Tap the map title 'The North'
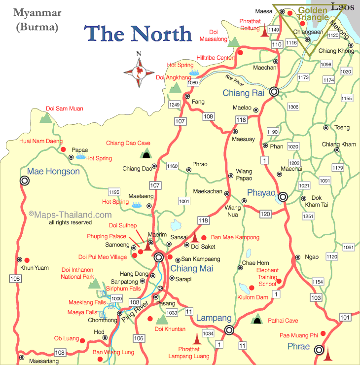pyautogui.click(x=139, y=34)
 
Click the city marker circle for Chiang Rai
pyautogui.click(x=274, y=91)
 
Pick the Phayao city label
pyautogui.click(x=261, y=192)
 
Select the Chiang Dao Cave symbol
pyautogui.click(x=146, y=154)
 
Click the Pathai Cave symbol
pyautogui.click(x=256, y=321)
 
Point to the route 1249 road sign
pyautogui.click(x=174, y=105)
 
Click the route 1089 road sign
pyautogui.click(x=192, y=82)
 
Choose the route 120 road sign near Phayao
pyautogui.click(x=266, y=214)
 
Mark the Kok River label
pyautogui.click(x=235, y=77)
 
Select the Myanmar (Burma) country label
pyautogui.click(x=37, y=19)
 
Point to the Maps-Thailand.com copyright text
pyautogui.click(x=71, y=215)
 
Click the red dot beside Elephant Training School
pyautogui.click(x=279, y=281)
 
